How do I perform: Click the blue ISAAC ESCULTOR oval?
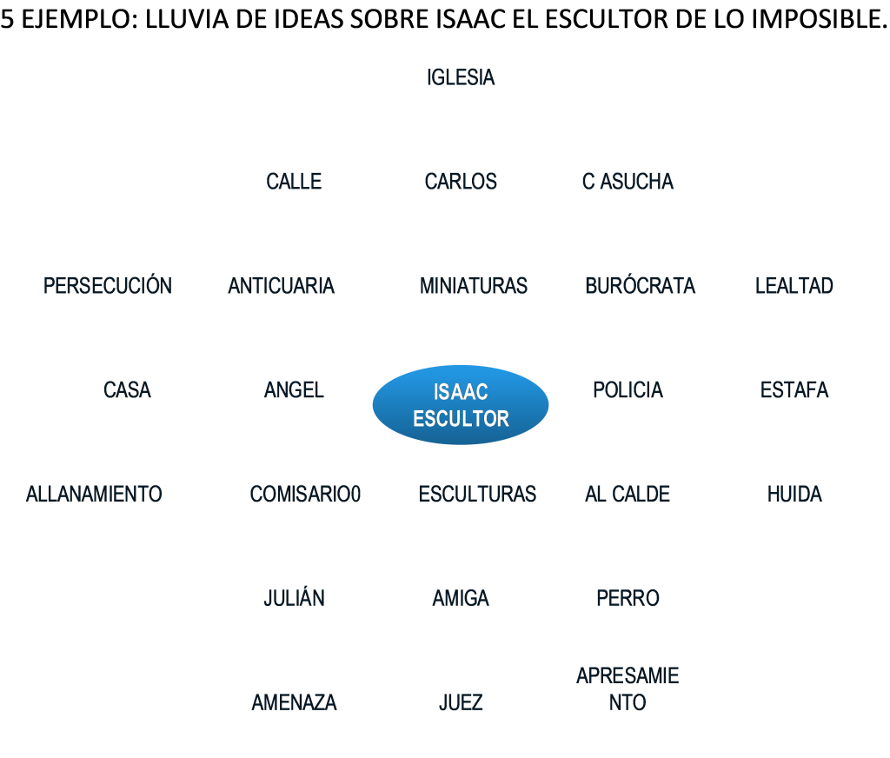click(461, 405)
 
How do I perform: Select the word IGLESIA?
click(461, 77)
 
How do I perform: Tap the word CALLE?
click(294, 182)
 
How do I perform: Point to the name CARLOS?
click(461, 182)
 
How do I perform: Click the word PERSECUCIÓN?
click(107, 285)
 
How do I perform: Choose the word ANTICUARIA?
click(281, 286)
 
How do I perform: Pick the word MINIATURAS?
click(474, 286)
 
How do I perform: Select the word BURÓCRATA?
click(640, 285)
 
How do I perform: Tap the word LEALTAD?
click(794, 286)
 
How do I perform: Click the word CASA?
click(127, 390)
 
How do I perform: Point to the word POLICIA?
click(628, 390)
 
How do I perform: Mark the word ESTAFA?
click(794, 390)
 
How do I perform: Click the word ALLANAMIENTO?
click(94, 494)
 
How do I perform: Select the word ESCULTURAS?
click(477, 494)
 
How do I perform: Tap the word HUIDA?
click(794, 494)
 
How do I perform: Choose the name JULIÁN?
click(294, 597)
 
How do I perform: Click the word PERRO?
click(628, 598)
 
